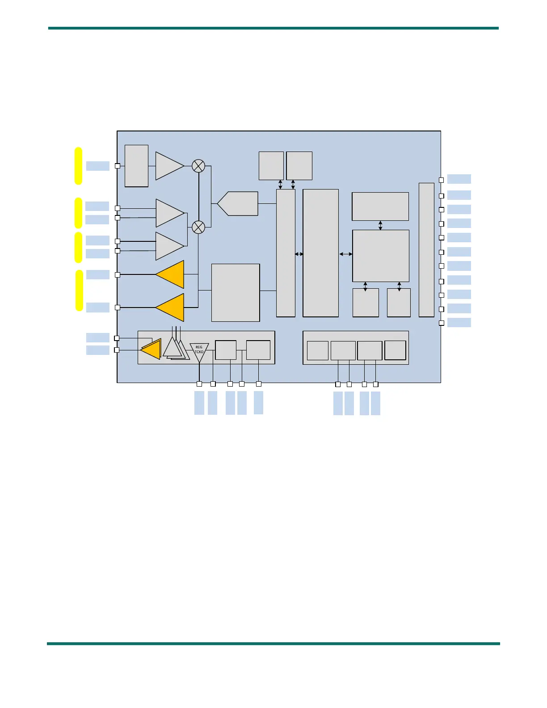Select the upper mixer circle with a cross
click(198, 166)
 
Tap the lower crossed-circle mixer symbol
click(198, 227)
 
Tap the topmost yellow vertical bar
click(79, 165)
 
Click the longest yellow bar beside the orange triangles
click(79, 291)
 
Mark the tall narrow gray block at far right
click(426, 250)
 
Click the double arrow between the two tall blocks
click(299, 254)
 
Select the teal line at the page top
click(273, 28)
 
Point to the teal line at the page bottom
click(273, 644)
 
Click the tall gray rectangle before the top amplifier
click(136, 166)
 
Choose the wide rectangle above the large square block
click(380, 206)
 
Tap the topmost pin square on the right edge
click(441, 180)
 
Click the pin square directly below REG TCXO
click(199, 384)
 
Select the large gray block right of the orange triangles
click(236, 292)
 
